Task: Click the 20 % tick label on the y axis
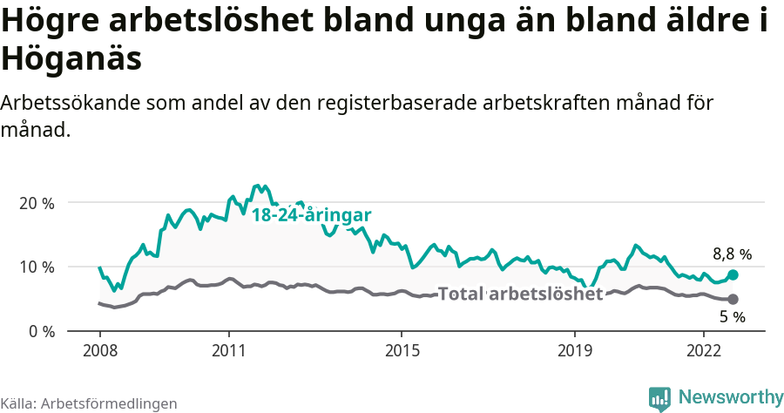pyautogui.click(x=37, y=203)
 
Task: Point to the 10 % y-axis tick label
pyautogui.click(x=37, y=267)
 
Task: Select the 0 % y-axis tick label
pyautogui.click(x=40, y=331)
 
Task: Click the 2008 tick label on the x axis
pyautogui.click(x=99, y=351)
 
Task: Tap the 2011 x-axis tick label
pyautogui.click(x=228, y=351)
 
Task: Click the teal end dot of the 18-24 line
pyautogui.click(x=733, y=274)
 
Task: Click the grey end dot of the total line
pyautogui.click(x=733, y=299)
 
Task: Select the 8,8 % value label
pyautogui.click(x=732, y=254)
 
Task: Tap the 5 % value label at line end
pyautogui.click(x=732, y=317)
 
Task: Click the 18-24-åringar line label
pyautogui.click(x=312, y=214)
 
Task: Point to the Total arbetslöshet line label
pyautogui.click(x=520, y=294)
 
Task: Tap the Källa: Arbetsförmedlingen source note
pyautogui.click(x=89, y=403)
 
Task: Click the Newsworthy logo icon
pyautogui.click(x=659, y=397)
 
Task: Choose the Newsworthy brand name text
pyautogui.click(x=730, y=397)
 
